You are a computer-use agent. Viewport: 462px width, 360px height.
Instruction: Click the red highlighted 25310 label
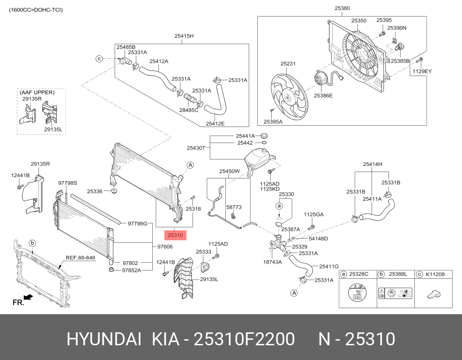(175, 235)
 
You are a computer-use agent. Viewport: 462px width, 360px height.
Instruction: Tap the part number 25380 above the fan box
(342, 8)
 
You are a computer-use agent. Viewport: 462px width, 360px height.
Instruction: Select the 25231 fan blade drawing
(289, 97)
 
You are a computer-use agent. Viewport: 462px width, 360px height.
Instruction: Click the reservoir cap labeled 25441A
(264, 136)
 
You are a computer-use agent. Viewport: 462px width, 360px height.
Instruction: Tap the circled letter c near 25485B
(99, 59)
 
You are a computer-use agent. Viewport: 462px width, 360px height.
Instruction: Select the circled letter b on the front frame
(33, 243)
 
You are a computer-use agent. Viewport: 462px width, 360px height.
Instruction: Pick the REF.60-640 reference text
(80, 258)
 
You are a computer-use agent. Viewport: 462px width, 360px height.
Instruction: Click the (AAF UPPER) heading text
(37, 92)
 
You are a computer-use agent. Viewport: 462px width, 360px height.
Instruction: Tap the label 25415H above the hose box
(184, 36)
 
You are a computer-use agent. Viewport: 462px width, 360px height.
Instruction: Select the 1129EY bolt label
(422, 71)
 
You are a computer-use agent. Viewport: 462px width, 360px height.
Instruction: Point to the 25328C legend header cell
(358, 274)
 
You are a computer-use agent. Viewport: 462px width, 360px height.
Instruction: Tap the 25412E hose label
(215, 124)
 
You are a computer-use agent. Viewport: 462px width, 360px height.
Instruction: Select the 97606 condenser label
(165, 247)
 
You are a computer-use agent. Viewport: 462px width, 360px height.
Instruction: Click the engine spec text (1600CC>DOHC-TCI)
(35, 10)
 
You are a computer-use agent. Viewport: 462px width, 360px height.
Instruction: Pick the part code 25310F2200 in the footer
(244, 339)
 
